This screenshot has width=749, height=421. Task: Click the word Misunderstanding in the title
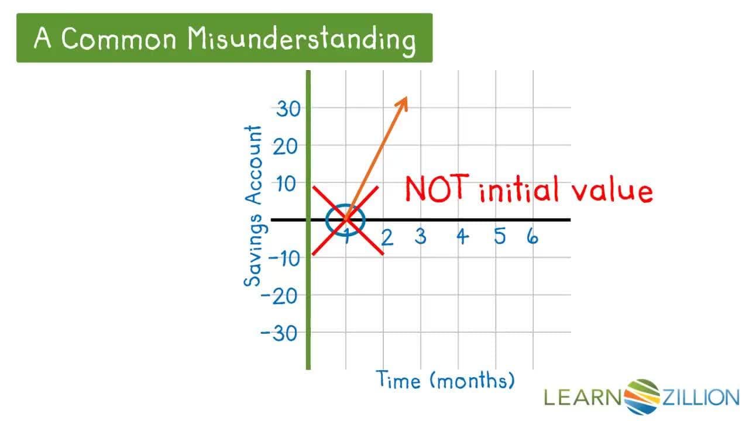coord(302,39)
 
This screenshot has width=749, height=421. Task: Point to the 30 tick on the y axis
coord(288,109)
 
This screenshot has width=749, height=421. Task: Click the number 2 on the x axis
coord(386,237)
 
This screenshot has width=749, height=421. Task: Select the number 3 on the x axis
coord(421,236)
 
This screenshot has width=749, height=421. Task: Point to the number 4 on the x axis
coord(462,237)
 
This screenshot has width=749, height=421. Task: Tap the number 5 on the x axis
coord(499,236)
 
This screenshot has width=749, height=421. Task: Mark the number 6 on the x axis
coord(532,236)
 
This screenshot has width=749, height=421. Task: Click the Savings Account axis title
coord(253,206)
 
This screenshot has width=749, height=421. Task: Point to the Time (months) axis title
coord(445,381)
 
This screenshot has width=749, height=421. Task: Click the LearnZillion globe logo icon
coord(641,397)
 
